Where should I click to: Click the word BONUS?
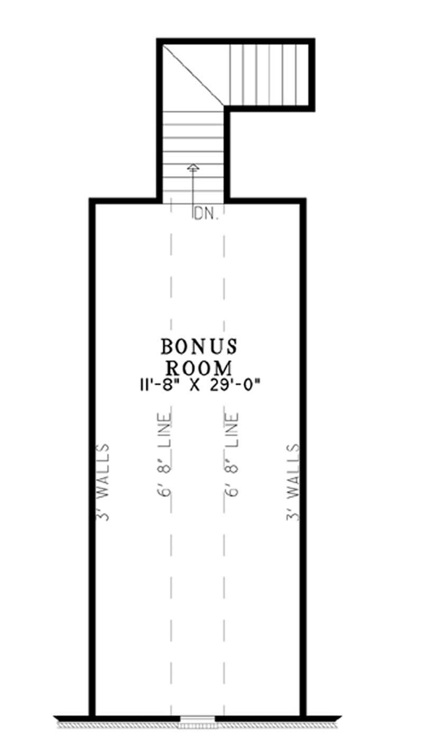[199, 347]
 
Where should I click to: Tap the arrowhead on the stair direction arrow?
[193, 168]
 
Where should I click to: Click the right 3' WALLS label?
[293, 482]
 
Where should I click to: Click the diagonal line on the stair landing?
[194, 74]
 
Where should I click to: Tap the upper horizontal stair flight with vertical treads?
[269, 75]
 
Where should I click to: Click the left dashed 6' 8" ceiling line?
[171, 582]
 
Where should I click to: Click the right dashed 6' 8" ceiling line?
[224, 582]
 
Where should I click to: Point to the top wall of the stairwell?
[236, 41]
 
